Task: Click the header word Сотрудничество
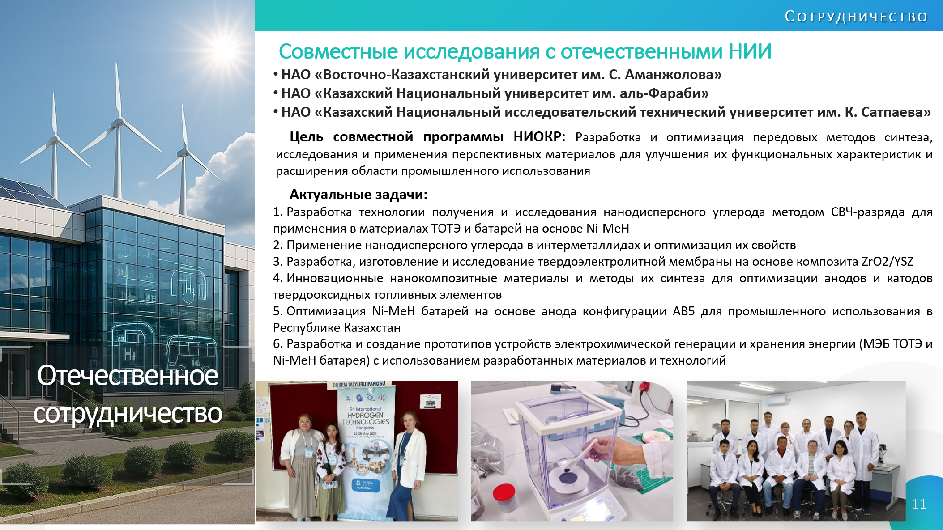point(856,17)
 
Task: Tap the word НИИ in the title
point(750,51)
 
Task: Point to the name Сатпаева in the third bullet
point(892,112)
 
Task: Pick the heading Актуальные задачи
point(358,195)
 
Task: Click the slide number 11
point(919,505)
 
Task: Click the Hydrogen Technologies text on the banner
point(366,419)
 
